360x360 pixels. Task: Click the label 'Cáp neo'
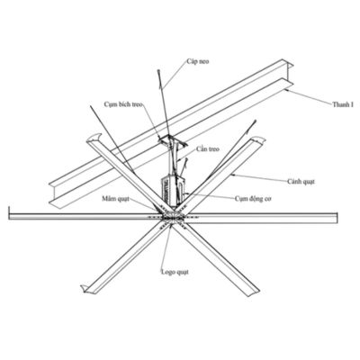[x=198, y=61]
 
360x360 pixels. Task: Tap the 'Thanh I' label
[x=343, y=104]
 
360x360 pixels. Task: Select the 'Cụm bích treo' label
[x=123, y=104]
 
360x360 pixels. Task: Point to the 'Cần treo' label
[x=208, y=149]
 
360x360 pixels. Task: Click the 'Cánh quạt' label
[x=301, y=182]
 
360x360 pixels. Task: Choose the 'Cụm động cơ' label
[x=253, y=199]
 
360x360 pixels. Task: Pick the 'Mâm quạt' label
[x=115, y=199]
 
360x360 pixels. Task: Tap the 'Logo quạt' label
[x=175, y=272]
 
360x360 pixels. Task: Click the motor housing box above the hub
[x=173, y=191]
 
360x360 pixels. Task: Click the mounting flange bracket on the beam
[x=173, y=140]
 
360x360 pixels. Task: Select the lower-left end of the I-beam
[x=53, y=194]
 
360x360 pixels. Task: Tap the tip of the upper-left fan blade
[x=94, y=138]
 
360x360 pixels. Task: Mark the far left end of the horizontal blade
[x=10, y=216]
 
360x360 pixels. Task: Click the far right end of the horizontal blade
[x=337, y=219]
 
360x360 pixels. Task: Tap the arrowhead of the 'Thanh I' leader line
[x=285, y=89]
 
